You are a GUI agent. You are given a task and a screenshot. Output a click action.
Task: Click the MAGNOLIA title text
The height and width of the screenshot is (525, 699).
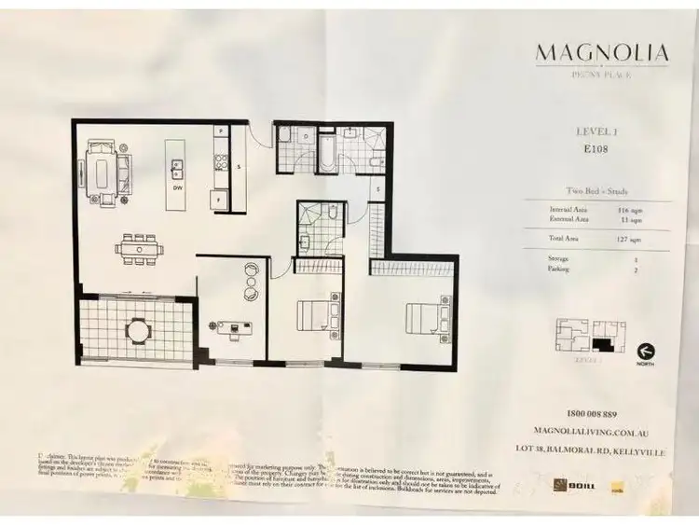pyautogui.click(x=601, y=51)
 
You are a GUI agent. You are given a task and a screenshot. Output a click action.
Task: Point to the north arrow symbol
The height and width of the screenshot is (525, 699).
pyautogui.click(x=644, y=352)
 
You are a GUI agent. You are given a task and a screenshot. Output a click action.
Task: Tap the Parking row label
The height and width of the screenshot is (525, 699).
pyautogui.click(x=559, y=269)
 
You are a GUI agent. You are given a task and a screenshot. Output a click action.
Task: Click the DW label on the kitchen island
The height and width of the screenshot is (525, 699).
pyautogui.click(x=175, y=187)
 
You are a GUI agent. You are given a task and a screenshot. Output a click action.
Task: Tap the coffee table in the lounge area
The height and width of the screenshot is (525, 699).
pyautogui.click(x=100, y=173)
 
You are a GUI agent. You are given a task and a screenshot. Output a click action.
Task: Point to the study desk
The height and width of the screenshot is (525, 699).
pyautogui.click(x=233, y=326)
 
